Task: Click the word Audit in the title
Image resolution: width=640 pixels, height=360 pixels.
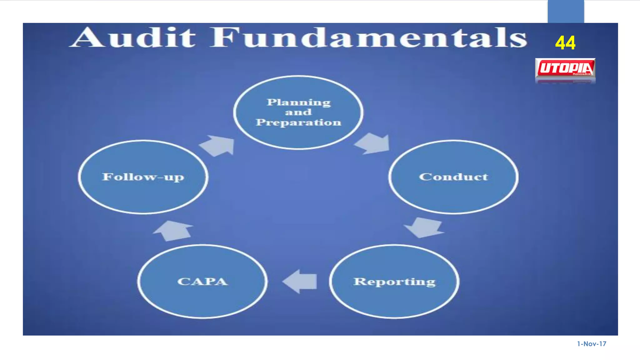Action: [x=133, y=37]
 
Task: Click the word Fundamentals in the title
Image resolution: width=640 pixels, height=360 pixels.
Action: [x=369, y=37]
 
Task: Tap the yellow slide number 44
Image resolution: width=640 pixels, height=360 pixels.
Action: [x=565, y=43]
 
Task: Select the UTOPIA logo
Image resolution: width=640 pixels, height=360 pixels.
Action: [x=565, y=68]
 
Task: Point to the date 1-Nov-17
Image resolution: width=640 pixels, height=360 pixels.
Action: [x=592, y=344]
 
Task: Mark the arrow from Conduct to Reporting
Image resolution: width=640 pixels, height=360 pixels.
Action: [x=424, y=227]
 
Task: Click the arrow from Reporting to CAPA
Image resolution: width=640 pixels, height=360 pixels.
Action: [x=300, y=281]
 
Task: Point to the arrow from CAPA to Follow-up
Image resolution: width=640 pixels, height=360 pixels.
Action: [x=173, y=231]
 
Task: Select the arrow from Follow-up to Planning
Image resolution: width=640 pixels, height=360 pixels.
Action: [x=218, y=146]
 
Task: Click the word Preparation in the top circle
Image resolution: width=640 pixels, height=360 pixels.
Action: [x=298, y=122]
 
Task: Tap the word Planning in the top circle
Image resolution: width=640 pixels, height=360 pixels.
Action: [x=298, y=102]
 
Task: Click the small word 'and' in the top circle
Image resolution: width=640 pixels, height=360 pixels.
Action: [x=298, y=112]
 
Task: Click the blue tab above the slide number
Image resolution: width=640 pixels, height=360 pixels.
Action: [x=566, y=11]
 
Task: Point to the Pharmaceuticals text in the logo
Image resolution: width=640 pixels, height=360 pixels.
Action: [x=582, y=74]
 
